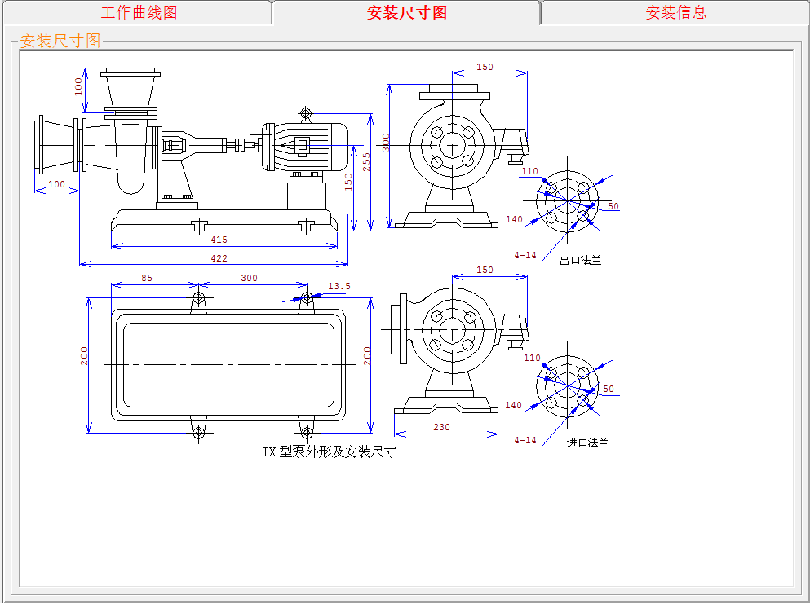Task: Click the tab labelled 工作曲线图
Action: [138, 12]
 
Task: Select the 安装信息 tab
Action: [675, 12]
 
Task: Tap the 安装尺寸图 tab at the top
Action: [406, 12]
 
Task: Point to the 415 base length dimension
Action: [219, 240]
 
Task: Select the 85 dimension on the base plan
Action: [146, 278]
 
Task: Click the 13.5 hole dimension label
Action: [339, 286]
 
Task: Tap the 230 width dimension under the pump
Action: [441, 427]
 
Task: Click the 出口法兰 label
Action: [580, 261]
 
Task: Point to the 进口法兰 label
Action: [587, 442]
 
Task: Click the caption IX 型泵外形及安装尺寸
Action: [329, 451]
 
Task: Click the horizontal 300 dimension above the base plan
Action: [249, 278]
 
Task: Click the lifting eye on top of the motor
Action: [306, 112]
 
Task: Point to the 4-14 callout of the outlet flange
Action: [525, 255]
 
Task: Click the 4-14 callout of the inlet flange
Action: [525, 440]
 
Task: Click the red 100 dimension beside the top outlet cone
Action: [78, 86]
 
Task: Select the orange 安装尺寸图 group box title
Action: [60, 41]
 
